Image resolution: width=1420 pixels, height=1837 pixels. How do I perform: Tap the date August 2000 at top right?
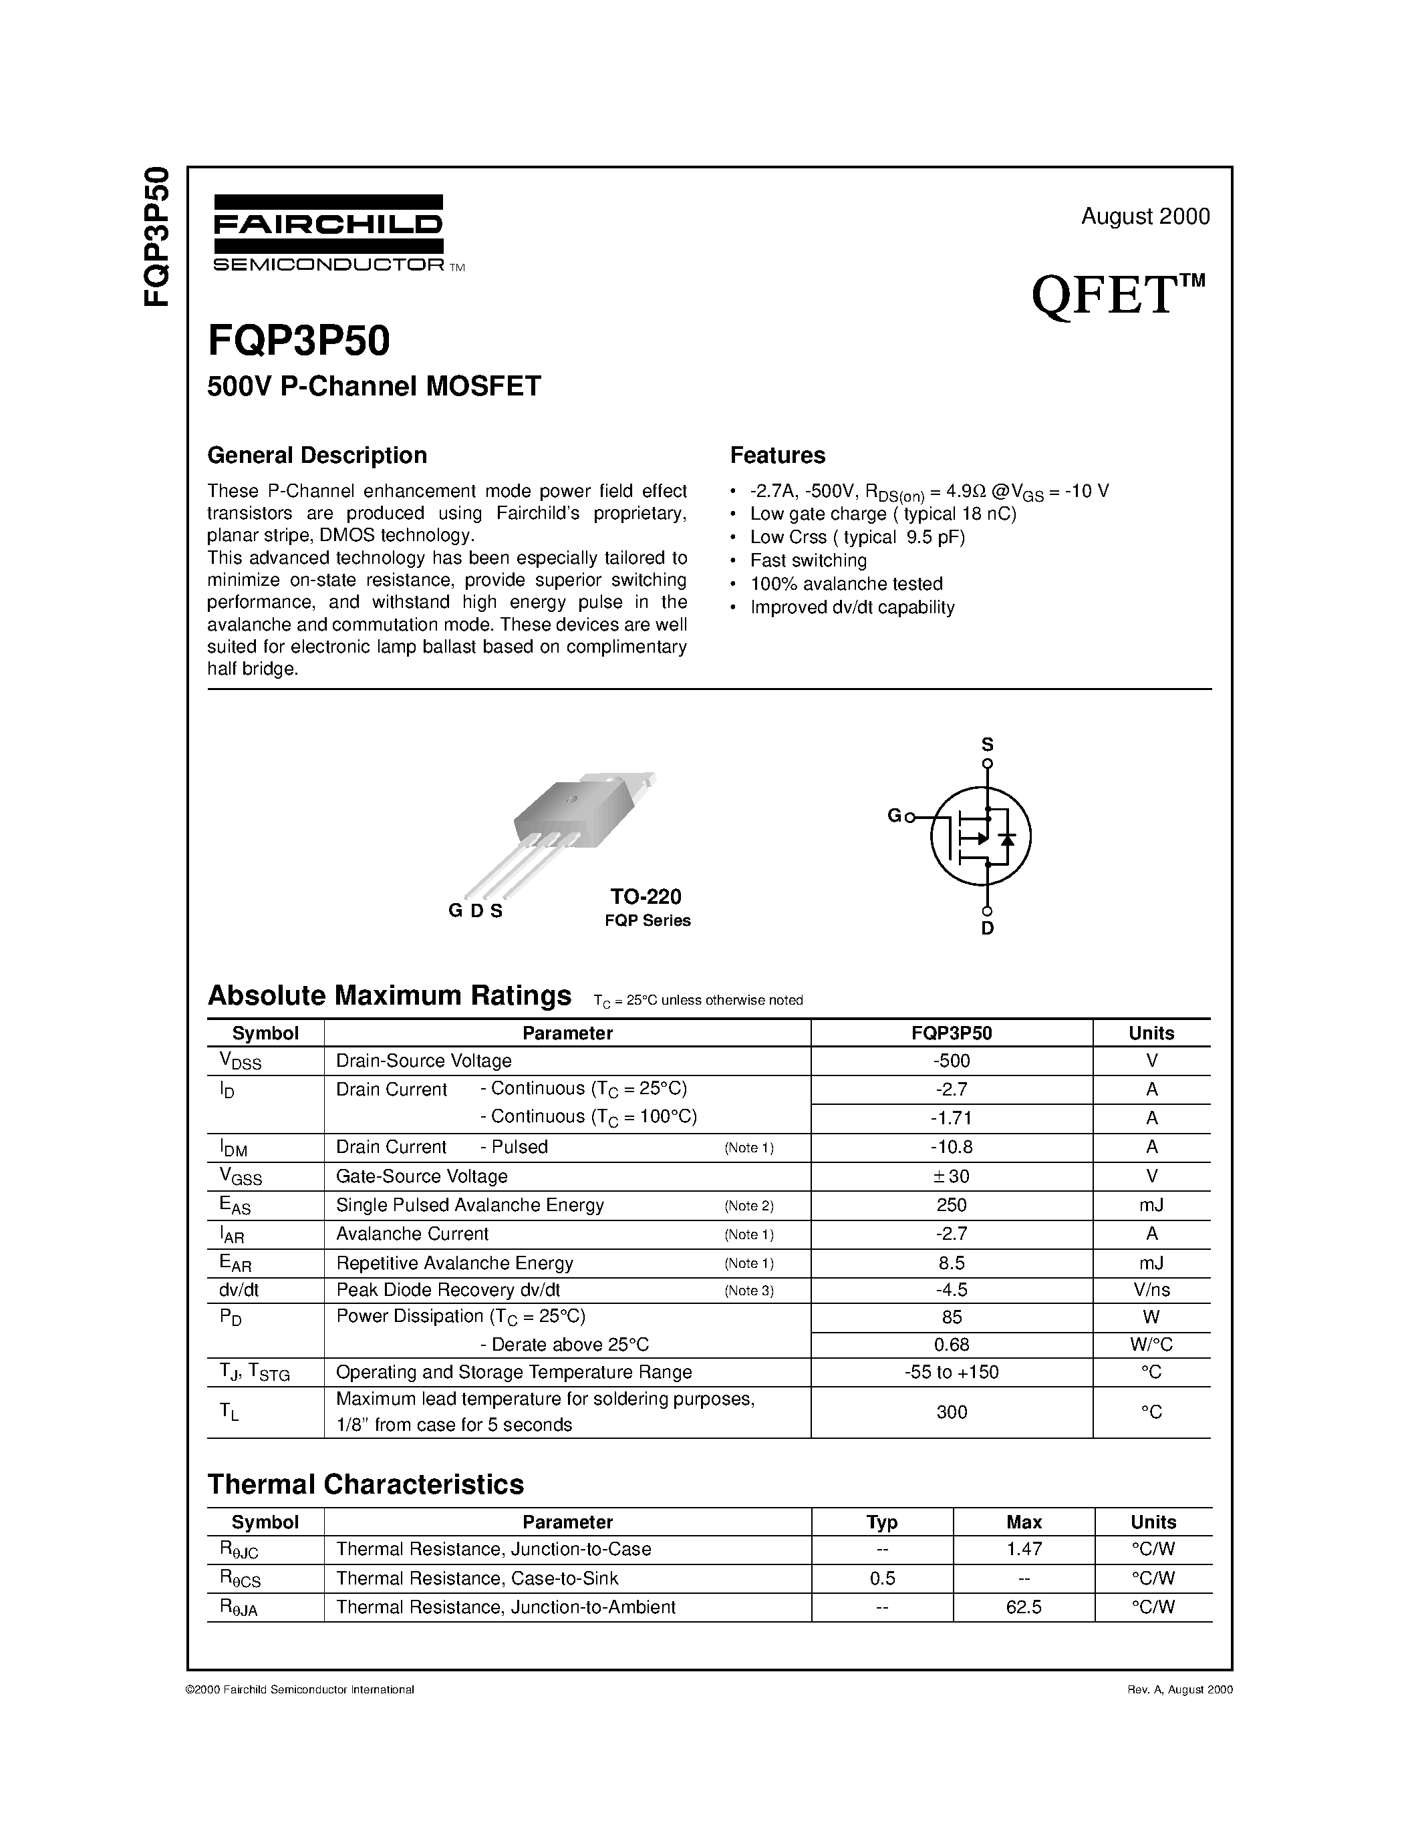[1145, 216]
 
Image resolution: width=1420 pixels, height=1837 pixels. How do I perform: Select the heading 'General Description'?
[317, 455]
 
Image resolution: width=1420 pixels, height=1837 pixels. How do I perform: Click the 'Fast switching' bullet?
[808, 560]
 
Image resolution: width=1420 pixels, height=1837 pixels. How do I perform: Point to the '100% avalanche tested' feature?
[845, 584]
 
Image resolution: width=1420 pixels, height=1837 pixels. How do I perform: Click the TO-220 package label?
[646, 896]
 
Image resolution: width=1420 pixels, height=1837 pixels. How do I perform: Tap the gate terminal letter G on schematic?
[894, 815]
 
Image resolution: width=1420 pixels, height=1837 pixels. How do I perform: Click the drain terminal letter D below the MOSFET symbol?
[988, 929]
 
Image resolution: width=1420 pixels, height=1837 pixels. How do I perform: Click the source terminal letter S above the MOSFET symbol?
[988, 744]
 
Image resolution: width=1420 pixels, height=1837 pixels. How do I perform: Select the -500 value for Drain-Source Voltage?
[952, 1061]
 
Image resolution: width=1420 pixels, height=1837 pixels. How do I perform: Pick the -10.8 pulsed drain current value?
[952, 1147]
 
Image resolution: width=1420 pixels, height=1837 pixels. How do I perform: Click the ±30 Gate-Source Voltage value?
[952, 1176]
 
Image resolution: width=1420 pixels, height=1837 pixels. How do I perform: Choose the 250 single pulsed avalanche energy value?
[952, 1204]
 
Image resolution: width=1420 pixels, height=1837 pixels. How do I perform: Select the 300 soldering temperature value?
[952, 1412]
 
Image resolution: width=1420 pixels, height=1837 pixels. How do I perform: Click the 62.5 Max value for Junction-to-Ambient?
[1024, 1607]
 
